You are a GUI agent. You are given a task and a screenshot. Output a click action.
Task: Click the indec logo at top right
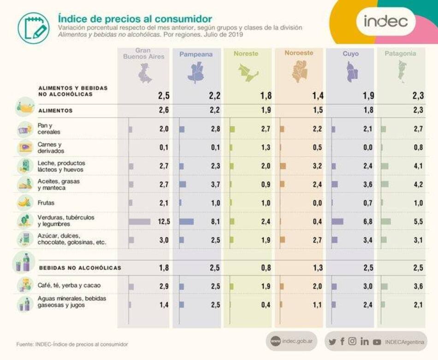(385, 21)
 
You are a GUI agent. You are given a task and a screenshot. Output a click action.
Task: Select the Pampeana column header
(196, 54)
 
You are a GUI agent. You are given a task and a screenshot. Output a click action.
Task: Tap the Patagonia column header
(400, 54)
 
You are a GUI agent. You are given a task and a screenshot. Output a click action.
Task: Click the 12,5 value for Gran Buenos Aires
(164, 222)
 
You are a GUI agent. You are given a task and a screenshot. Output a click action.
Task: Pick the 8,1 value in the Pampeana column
(215, 222)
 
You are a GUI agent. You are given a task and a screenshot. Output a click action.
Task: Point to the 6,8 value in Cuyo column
(367, 222)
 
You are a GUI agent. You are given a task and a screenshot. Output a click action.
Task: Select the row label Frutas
(46, 202)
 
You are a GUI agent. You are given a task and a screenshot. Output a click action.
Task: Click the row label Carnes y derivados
(51, 148)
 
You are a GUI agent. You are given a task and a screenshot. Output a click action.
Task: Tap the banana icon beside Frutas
(24, 202)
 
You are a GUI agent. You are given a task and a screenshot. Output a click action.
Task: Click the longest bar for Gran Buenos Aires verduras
(140, 222)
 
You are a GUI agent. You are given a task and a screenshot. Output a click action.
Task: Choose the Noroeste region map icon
(299, 72)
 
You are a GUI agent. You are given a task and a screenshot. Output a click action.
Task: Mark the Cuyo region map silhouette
(350, 72)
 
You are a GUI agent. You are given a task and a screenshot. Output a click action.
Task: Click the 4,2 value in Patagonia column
(418, 185)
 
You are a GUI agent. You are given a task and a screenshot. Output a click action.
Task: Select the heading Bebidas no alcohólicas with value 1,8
(80, 268)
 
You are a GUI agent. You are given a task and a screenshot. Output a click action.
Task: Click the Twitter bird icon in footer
(332, 342)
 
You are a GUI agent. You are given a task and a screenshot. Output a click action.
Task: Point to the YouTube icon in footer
(377, 342)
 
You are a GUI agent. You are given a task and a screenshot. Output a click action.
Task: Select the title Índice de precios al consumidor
(135, 18)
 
